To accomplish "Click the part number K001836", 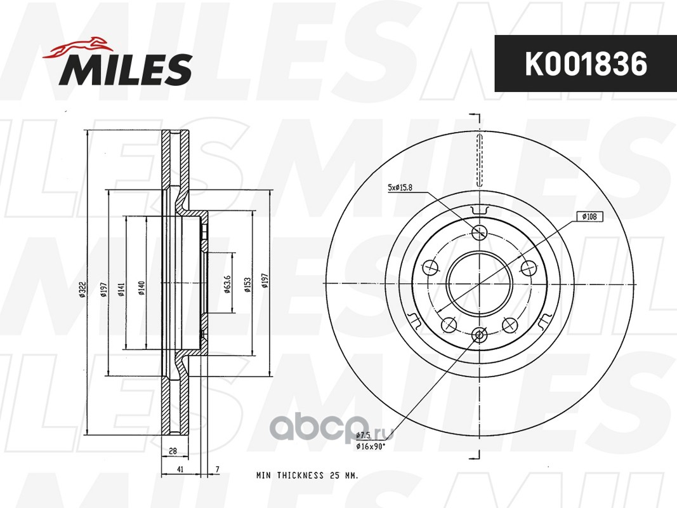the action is pos(586,64).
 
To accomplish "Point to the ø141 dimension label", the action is pos(121,290).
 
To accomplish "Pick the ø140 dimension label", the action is pos(141,288).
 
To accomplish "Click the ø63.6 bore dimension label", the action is pos(228,284).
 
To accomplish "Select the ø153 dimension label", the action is pos(247,284).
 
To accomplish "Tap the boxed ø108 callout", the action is pos(589,217).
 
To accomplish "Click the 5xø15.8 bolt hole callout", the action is pos(400,187).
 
